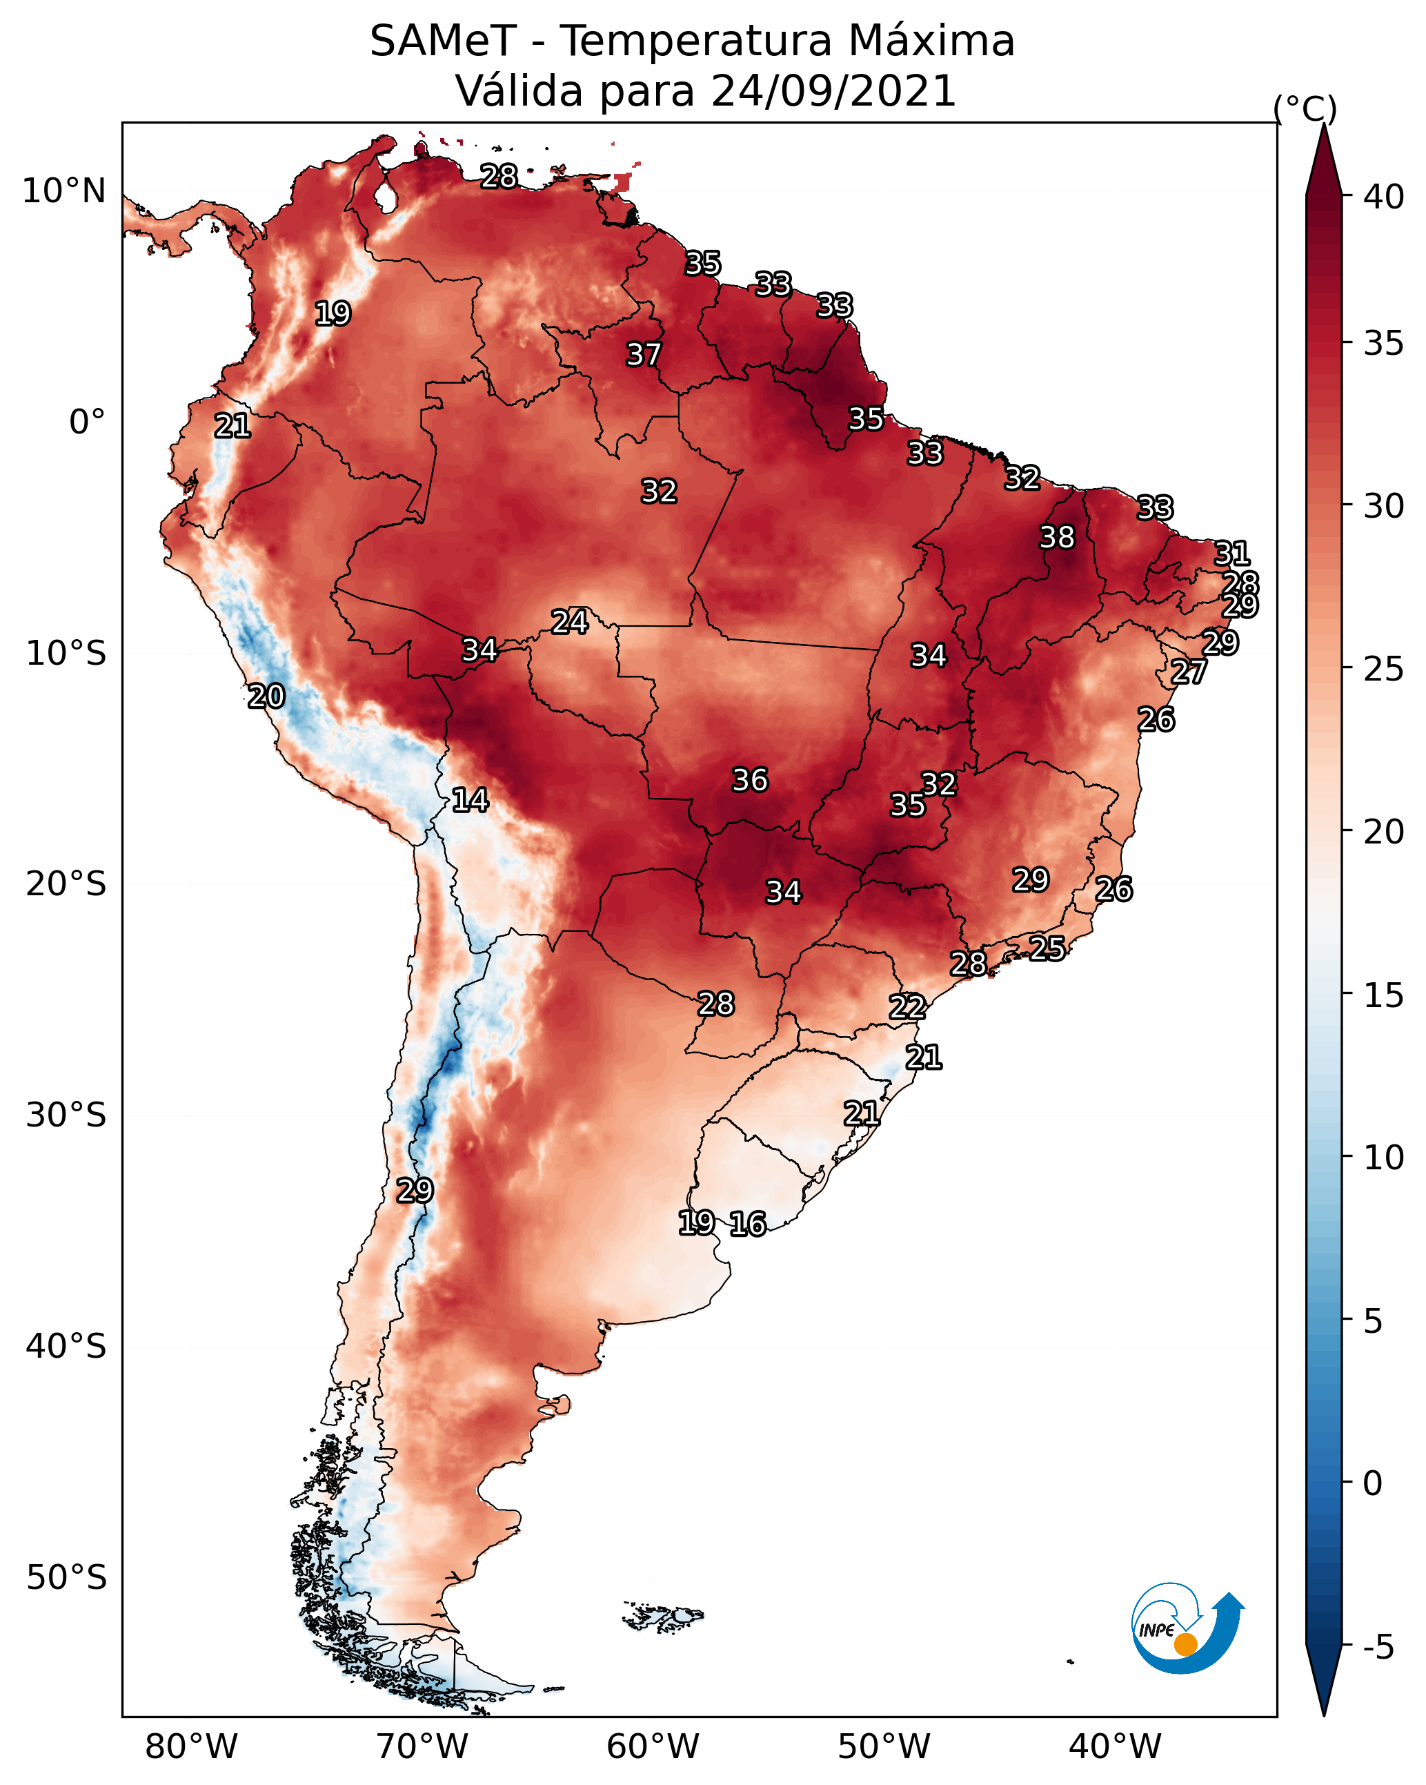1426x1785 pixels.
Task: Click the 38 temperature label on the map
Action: click(x=1057, y=537)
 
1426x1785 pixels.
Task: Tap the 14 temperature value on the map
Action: click(x=470, y=800)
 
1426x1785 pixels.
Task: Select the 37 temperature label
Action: click(x=644, y=354)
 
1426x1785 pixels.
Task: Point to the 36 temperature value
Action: click(x=751, y=780)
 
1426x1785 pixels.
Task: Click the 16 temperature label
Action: click(x=748, y=1224)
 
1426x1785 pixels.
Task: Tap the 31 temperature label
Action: click(x=1232, y=553)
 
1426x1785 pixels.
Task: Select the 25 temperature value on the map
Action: click(x=1048, y=948)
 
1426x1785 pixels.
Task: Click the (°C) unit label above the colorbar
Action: click(x=1305, y=108)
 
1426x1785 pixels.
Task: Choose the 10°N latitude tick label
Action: click(x=63, y=191)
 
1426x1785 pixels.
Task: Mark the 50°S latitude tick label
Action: click(x=66, y=1578)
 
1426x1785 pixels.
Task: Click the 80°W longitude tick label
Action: click(x=191, y=1747)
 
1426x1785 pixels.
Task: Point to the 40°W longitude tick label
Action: click(x=1115, y=1747)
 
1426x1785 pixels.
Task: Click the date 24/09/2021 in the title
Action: click(x=833, y=90)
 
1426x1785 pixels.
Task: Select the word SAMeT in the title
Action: click(x=443, y=41)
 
